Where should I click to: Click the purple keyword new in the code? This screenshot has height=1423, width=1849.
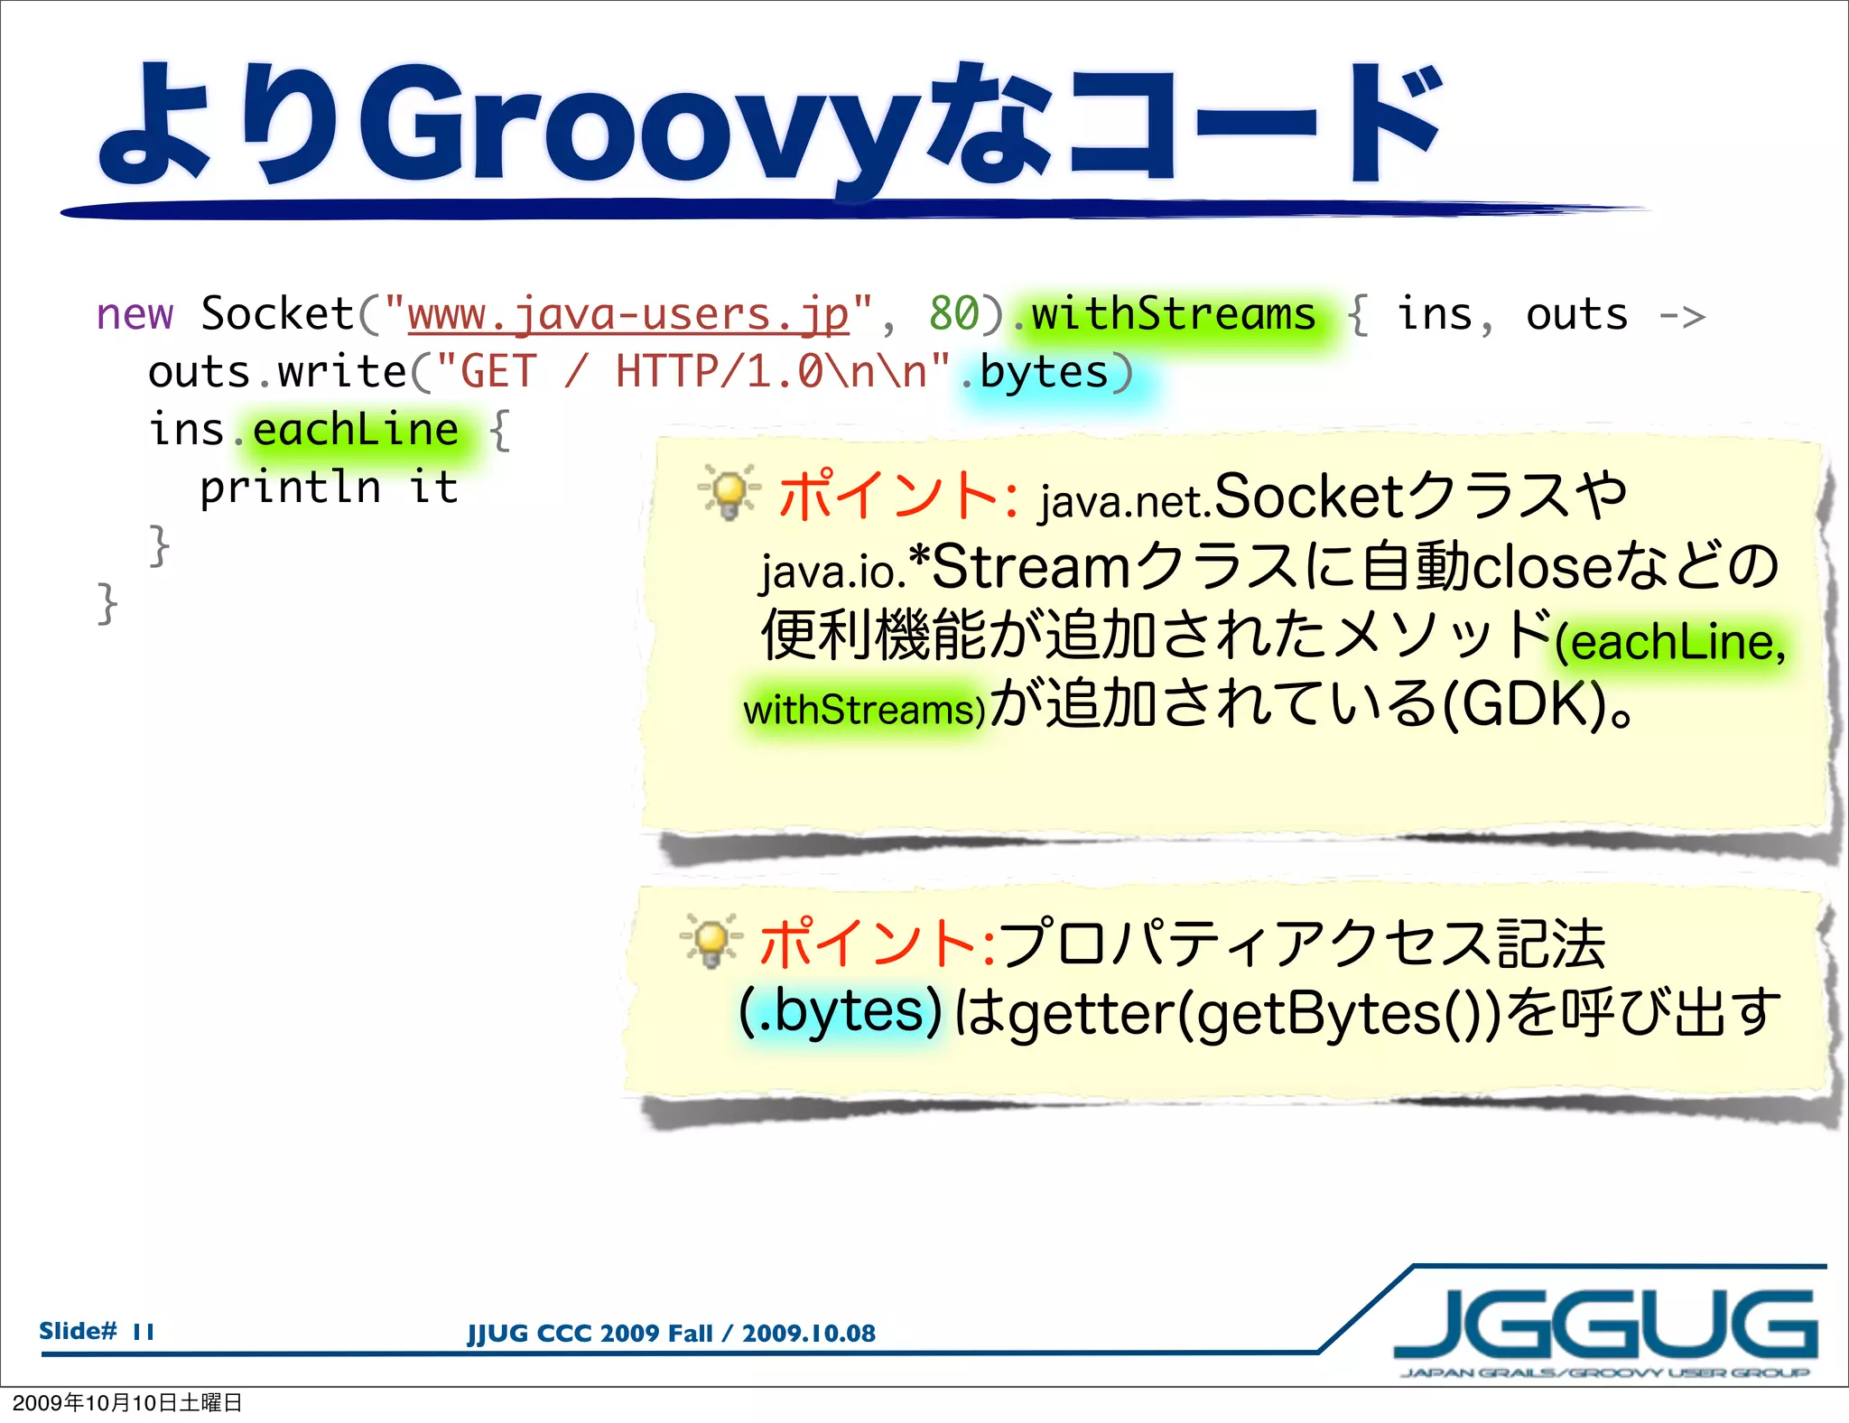tap(135, 314)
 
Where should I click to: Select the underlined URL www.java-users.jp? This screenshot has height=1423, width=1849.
tap(627, 314)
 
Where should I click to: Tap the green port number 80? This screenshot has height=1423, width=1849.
tap(954, 314)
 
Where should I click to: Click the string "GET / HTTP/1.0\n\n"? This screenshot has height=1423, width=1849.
tap(692, 372)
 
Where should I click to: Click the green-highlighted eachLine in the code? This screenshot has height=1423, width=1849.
tap(356, 430)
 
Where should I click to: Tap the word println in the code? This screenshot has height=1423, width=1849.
tap(290, 488)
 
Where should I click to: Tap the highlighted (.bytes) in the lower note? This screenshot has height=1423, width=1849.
tap(840, 1011)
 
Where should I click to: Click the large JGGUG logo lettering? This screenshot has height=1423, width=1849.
tap(1605, 1325)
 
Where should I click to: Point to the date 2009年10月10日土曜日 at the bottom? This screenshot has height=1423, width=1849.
tap(127, 1403)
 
